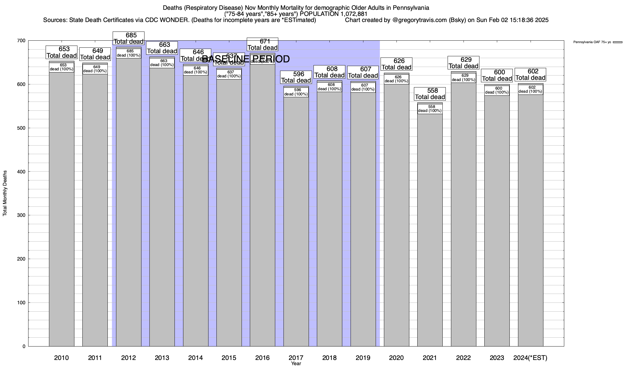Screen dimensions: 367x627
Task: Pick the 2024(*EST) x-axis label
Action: [530, 358]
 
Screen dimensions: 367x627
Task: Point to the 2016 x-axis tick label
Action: [262, 358]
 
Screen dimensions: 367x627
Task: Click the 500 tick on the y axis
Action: [21, 128]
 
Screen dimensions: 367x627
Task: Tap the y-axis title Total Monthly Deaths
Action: [5, 193]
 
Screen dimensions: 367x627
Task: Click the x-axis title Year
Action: [296, 364]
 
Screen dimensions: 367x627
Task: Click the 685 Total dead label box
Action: [129, 38]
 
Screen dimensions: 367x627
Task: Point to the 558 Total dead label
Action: [430, 94]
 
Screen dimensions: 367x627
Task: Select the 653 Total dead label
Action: [62, 52]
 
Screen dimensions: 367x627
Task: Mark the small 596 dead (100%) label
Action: [296, 92]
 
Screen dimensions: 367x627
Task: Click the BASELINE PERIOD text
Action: [246, 59]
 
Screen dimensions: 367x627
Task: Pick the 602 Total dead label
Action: [531, 74]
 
